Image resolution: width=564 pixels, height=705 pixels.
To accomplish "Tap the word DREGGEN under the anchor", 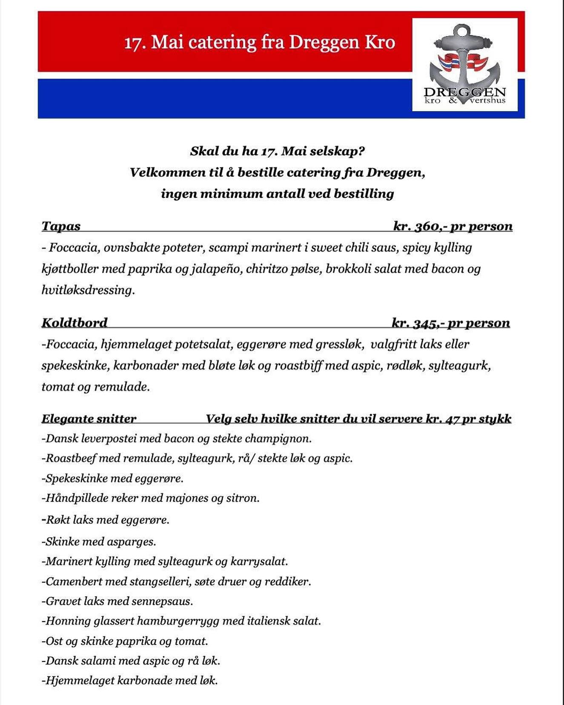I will pos(464,92).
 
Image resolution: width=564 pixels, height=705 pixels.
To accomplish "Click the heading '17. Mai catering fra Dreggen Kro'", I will pos(259,43).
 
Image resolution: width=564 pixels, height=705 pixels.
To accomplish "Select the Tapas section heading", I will pos(61,226).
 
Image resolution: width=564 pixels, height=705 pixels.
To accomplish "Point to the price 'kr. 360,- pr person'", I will pos(452,226).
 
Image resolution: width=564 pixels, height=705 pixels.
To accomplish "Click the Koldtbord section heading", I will pos(74,323).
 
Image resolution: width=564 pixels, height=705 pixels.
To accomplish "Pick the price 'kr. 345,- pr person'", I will pos(450,323).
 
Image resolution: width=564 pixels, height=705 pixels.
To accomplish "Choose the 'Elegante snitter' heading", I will pos(89,418).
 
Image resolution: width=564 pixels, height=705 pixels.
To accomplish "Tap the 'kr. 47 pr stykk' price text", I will pos(468,418).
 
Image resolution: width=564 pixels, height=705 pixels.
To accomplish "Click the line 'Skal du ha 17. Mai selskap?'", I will pos(278,151).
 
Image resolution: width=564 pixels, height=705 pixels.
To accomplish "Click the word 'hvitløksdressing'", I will pos(88,290).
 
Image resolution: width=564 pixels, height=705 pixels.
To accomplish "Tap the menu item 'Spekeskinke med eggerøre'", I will pos(113,478).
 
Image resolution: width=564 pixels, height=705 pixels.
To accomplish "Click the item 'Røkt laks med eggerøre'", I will pos(106,519).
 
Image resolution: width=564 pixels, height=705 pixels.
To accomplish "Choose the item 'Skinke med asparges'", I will pos(99,542).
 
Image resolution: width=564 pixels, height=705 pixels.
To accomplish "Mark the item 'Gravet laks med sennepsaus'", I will pos(117,601).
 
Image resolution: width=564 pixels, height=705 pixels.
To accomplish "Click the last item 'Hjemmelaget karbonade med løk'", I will pos(130,680).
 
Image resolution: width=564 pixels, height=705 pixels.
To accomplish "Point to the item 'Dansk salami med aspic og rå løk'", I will pos(131,661).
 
